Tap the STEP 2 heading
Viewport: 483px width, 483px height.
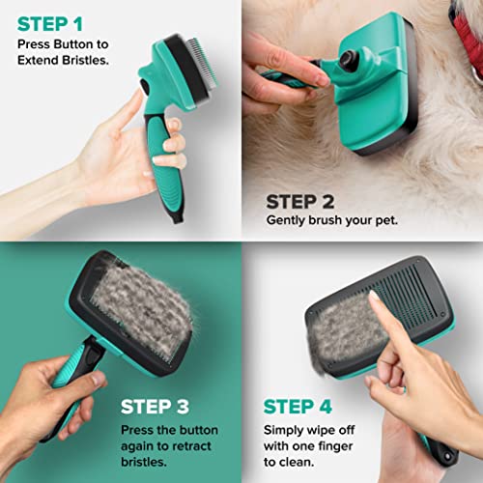point(305,201)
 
